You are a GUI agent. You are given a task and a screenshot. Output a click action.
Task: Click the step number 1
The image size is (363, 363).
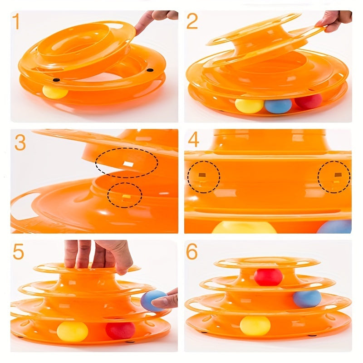(16, 22)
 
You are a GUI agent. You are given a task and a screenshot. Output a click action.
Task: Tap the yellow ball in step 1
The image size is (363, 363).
(55, 92)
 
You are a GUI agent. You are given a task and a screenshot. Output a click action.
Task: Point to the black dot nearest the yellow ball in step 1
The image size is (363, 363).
(56, 80)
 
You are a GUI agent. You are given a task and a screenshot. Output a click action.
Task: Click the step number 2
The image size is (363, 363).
(192, 22)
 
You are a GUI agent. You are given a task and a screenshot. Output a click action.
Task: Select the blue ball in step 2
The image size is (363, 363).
(278, 106)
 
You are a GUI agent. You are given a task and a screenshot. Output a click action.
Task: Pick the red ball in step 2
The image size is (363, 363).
(309, 101)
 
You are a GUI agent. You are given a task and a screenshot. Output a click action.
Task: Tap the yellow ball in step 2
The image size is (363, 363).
(249, 105)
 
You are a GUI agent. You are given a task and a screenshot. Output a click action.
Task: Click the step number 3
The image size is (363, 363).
(20, 142)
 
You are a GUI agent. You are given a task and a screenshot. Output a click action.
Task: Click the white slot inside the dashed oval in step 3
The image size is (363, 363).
(128, 162)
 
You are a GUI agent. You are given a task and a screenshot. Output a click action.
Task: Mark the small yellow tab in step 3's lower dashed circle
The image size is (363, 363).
(126, 196)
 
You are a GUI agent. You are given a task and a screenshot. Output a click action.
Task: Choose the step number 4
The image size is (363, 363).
(193, 140)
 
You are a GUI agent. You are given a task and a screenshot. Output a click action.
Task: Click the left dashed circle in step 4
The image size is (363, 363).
(203, 177)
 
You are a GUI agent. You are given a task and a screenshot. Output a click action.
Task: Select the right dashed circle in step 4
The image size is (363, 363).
(334, 177)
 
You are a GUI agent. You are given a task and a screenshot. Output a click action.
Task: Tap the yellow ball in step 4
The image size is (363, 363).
(244, 228)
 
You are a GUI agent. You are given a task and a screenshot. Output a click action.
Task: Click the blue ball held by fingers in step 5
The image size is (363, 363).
(152, 300)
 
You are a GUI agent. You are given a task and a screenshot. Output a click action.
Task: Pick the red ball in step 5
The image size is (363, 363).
(120, 330)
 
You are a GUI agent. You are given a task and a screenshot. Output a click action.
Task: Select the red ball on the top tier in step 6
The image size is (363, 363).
(268, 277)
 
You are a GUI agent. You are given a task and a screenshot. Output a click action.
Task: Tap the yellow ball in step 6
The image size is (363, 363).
(255, 325)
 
